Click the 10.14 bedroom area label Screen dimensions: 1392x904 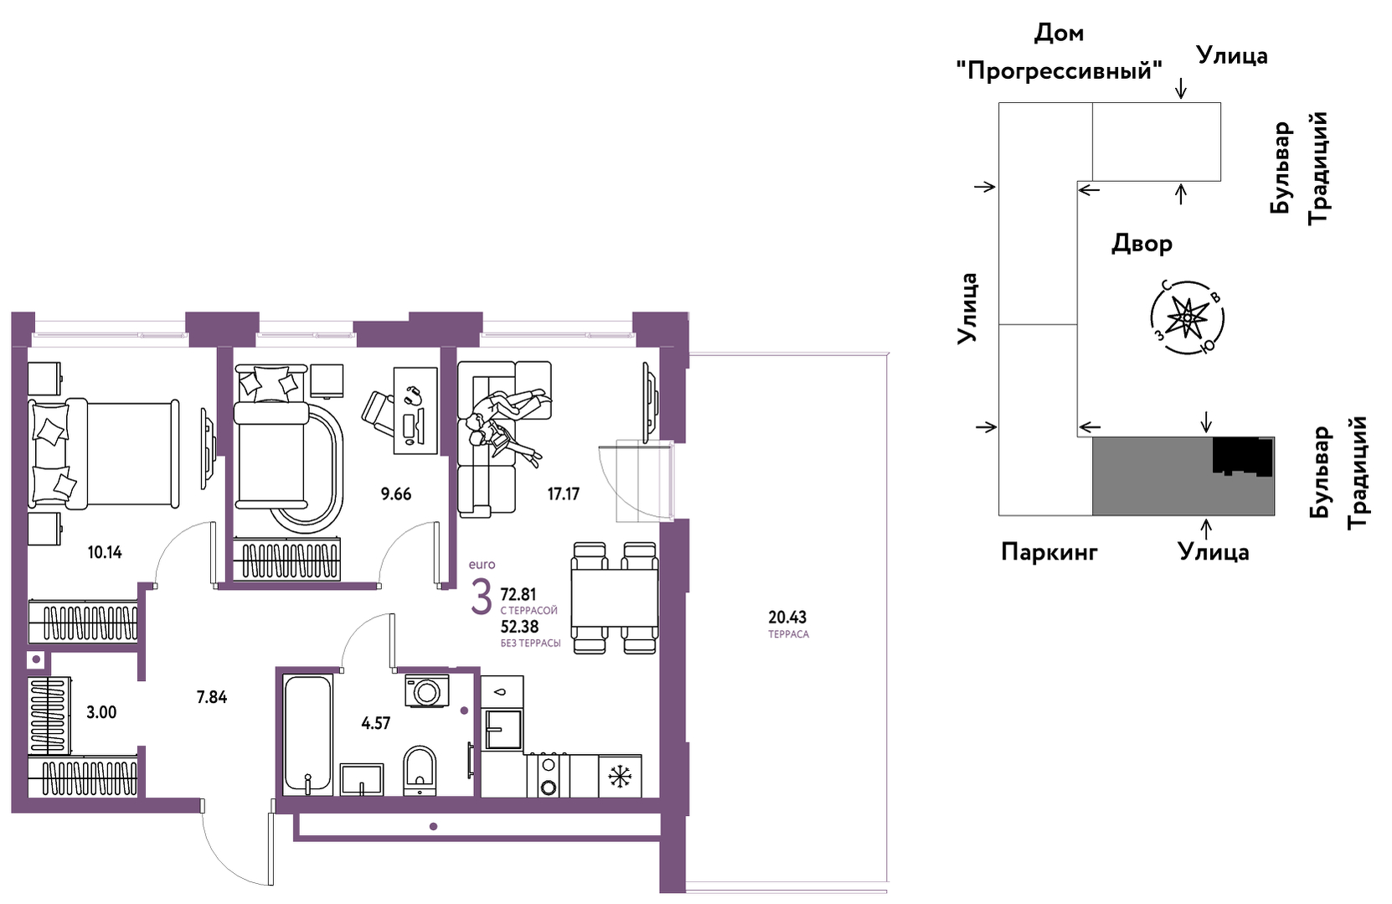tap(105, 552)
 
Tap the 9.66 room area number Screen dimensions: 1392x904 tap(396, 494)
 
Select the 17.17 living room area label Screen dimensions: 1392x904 tap(563, 494)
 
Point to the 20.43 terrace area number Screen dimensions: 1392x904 tap(787, 617)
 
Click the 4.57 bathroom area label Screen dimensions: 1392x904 tap(376, 723)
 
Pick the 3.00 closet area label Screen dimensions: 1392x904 tap(101, 712)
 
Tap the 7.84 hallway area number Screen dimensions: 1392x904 tap(212, 698)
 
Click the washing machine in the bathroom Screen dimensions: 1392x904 tap(427, 690)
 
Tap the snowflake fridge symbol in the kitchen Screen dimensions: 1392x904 tap(620, 776)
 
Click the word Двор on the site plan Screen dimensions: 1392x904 tap(1142, 244)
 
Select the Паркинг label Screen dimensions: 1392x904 tap(1049, 551)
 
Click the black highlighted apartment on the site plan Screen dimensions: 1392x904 tap(1243, 457)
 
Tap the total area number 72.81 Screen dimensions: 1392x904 tap(518, 594)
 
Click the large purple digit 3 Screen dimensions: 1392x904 tap(482, 597)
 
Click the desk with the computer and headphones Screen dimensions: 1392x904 tap(415, 411)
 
